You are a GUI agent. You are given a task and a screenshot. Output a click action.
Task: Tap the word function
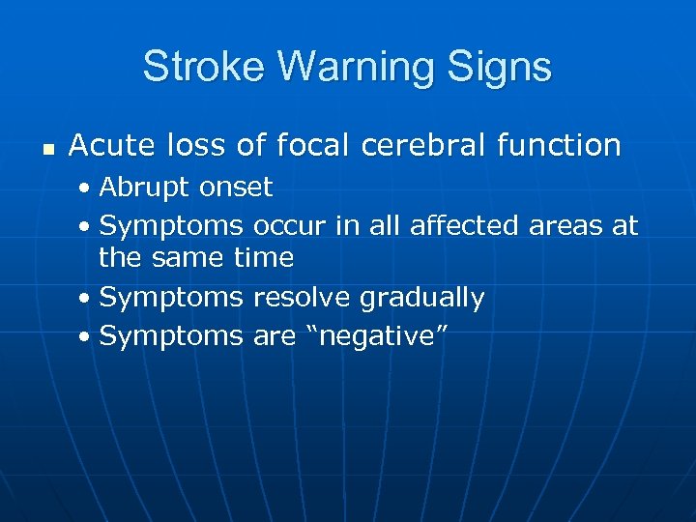(560, 146)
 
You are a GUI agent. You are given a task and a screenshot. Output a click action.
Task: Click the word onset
(237, 187)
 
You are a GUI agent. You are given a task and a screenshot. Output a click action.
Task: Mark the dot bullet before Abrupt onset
(86, 188)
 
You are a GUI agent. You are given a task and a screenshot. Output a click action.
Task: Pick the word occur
(290, 225)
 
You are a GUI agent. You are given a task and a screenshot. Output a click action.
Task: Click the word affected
(466, 225)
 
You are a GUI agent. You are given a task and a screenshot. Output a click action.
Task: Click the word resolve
(303, 298)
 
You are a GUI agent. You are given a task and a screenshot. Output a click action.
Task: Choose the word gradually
(421, 298)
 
